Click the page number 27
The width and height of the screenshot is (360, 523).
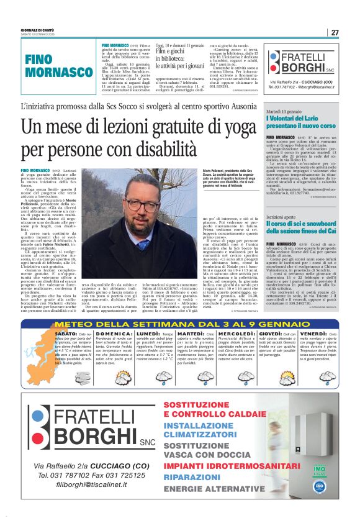[x=335, y=32]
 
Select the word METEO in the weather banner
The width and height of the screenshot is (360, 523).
[x=76, y=324]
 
